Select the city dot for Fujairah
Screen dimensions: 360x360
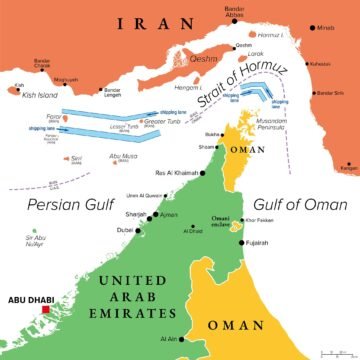[241, 241]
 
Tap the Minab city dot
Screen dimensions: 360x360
[315, 29]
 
